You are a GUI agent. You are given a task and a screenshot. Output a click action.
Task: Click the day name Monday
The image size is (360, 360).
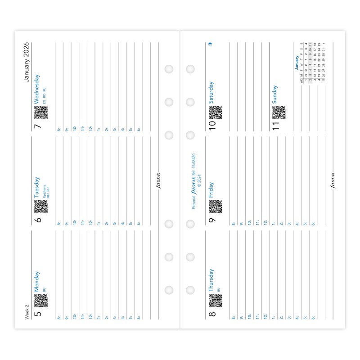click(x=37, y=280)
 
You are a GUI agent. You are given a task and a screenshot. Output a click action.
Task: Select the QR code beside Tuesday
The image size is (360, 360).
click(x=41, y=207)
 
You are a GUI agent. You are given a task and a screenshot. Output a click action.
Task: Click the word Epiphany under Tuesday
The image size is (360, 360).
click(x=44, y=191)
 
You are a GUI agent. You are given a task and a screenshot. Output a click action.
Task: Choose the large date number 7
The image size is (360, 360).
click(x=38, y=126)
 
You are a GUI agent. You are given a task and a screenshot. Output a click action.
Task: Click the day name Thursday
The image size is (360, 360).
click(x=211, y=280)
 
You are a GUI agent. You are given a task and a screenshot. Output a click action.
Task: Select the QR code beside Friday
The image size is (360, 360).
click(x=216, y=207)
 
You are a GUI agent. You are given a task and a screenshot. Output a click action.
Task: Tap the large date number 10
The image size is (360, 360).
click(x=212, y=125)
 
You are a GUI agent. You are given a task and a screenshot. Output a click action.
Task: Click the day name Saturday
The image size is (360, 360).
click(x=211, y=92)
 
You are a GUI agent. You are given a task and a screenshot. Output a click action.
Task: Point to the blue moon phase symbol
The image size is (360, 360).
click(x=210, y=44)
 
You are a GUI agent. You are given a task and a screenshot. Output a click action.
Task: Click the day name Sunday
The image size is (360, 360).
click(x=275, y=94)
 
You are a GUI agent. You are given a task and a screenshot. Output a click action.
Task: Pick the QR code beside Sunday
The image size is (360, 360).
click(x=279, y=112)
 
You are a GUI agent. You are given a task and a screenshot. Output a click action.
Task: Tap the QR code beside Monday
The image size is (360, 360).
click(x=41, y=300)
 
